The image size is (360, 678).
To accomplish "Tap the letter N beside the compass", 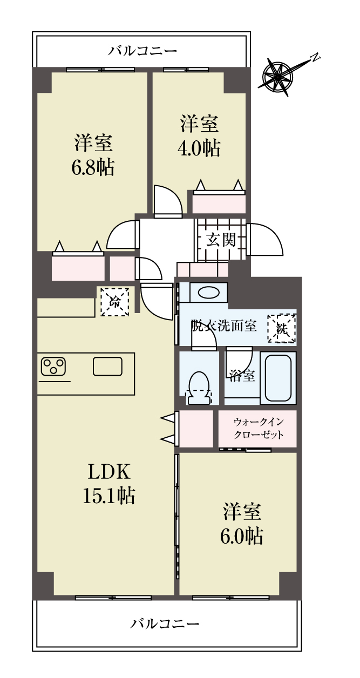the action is point(315,57).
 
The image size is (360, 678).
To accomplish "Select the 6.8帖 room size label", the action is point(93,167).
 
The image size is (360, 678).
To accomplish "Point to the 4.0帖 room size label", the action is point(199,148).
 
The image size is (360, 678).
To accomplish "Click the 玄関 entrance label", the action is point(221,241).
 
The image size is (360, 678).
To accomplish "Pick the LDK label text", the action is point(109,472).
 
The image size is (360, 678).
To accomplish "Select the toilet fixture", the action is point(199,388).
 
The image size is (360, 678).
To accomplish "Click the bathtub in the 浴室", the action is point(278,377).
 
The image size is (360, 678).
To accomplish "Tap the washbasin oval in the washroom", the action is point(209,293).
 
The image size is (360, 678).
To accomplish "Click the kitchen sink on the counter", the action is point(108,366).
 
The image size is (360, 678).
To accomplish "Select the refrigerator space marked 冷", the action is point(114,301).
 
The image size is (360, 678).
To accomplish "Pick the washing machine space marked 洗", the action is point(282,328).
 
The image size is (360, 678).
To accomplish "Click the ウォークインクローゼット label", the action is point(259,428).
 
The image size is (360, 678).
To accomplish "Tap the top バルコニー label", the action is point(142,51).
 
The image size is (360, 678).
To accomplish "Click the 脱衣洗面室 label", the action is point(223,326).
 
